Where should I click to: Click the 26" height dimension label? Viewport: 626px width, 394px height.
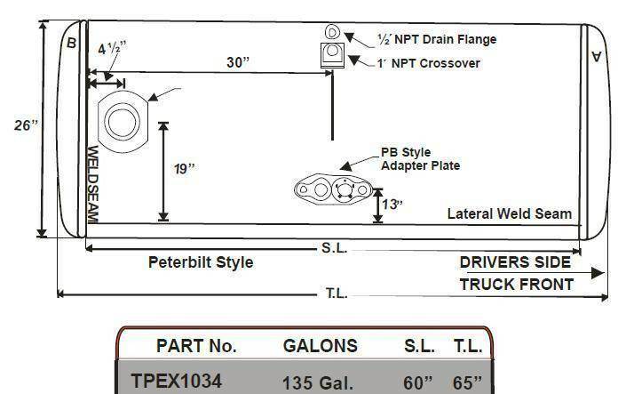[26, 125]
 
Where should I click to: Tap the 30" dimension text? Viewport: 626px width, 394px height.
[238, 62]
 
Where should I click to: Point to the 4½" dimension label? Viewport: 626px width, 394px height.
[112, 48]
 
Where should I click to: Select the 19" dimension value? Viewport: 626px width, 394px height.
[185, 169]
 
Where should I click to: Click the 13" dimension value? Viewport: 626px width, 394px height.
[392, 205]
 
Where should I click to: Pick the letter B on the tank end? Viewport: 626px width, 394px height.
[71, 43]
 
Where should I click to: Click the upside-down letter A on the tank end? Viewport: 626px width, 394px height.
[596, 56]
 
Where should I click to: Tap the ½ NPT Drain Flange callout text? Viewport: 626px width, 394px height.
[437, 39]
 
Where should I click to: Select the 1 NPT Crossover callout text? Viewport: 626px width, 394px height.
[428, 63]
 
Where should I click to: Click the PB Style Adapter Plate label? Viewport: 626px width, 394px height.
[420, 159]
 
